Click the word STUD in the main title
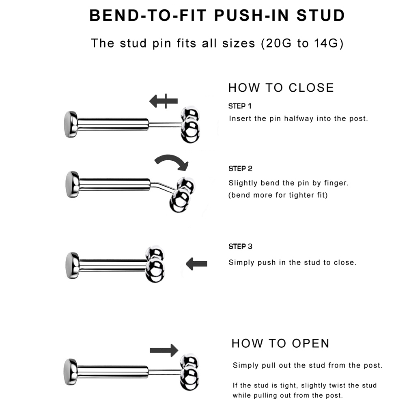[x=321, y=15]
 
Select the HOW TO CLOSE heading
[x=281, y=88]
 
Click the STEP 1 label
[x=240, y=106]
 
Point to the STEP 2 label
[x=240, y=169]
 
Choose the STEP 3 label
[x=240, y=247]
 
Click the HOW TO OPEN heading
[x=280, y=343]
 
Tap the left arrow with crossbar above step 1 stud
[x=164, y=101]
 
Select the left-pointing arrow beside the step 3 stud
[x=196, y=264]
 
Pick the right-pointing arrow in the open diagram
[x=164, y=350]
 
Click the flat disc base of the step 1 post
[x=71, y=124]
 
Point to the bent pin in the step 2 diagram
[x=164, y=186]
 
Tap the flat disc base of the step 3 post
[x=73, y=265]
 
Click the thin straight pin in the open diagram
[x=165, y=371]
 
